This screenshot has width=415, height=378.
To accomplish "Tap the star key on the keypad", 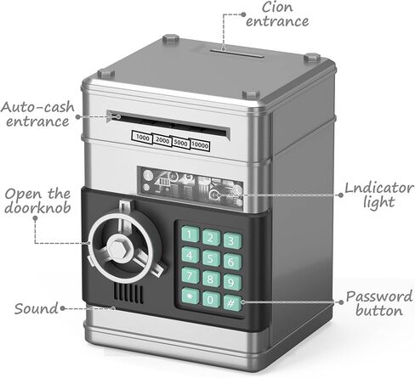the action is (x=190, y=296).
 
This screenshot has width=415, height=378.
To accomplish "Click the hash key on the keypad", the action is (x=232, y=303).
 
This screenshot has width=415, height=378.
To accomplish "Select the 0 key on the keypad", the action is (x=211, y=299).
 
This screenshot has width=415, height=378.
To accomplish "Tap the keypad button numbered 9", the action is (x=232, y=282).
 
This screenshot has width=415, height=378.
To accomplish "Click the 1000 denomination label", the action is (x=142, y=138).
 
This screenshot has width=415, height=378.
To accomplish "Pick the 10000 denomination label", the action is (x=200, y=145).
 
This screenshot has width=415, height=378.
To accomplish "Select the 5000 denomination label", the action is (x=180, y=143).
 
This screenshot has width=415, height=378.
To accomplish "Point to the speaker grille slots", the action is (x=128, y=293).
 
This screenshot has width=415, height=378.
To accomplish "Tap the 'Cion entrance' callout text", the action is (x=277, y=14).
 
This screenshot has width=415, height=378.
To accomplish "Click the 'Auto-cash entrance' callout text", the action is (x=37, y=115).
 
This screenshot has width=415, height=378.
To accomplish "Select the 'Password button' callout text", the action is (x=379, y=303).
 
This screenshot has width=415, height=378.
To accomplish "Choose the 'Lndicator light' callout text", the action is (x=378, y=195).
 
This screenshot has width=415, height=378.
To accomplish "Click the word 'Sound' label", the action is (x=36, y=308).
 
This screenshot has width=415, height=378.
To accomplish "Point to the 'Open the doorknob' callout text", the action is (x=37, y=200).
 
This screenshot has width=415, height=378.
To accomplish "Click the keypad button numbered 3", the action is (x=232, y=240).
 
